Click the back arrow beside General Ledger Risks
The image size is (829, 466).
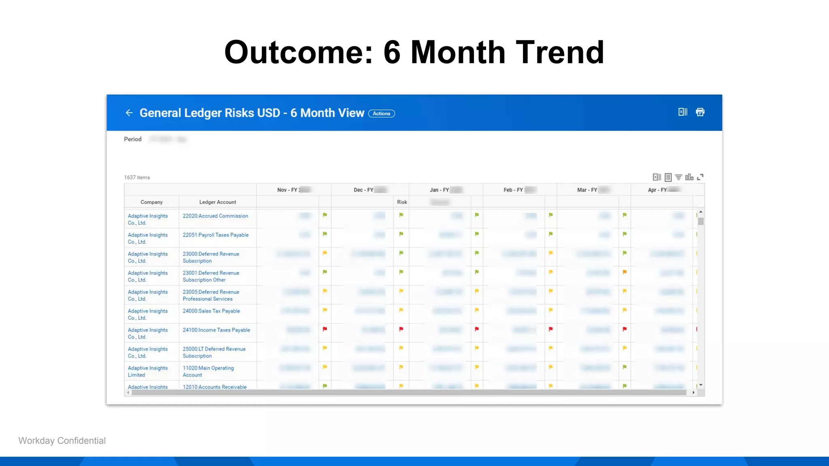click(x=129, y=113)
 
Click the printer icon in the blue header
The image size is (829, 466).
click(x=700, y=112)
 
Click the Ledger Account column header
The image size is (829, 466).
click(x=217, y=202)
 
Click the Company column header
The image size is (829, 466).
click(x=151, y=202)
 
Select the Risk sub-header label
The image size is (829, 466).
click(x=402, y=202)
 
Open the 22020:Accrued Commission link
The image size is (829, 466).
click(x=215, y=216)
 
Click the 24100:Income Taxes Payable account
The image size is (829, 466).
click(x=216, y=330)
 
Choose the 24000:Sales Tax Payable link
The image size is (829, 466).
click(x=211, y=311)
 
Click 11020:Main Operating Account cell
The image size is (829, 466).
click(x=208, y=371)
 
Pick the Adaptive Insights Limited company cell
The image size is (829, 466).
click(x=147, y=371)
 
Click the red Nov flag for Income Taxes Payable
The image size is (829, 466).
click(x=325, y=329)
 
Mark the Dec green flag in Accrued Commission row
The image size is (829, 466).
click(x=401, y=215)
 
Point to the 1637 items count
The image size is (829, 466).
click(x=137, y=177)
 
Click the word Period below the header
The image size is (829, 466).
click(x=133, y=139)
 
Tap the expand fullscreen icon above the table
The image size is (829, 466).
click(x=700, y=177)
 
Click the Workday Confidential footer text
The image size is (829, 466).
click(x=62, y=441)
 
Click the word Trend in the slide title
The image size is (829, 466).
click(x=560, y=52)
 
